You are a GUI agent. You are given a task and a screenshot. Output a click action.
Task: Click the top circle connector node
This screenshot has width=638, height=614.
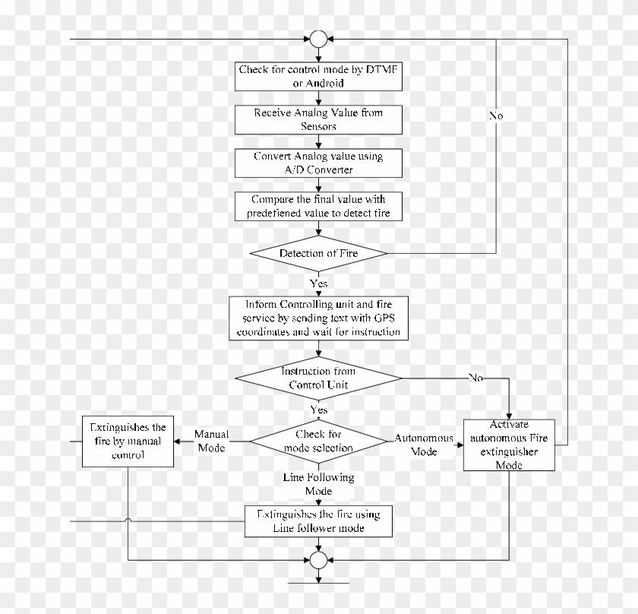pyautogui.click(x=318, y=39)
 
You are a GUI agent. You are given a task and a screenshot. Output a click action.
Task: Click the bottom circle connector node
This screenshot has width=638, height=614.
pyautogui.click(x=318, y=560)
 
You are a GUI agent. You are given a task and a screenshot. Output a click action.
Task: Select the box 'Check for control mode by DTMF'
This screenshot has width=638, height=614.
pyautogui.click(x=318, y=76)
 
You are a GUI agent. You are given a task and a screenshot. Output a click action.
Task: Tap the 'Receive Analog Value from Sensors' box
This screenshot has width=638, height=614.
pyautogui.click(x=318, y=119)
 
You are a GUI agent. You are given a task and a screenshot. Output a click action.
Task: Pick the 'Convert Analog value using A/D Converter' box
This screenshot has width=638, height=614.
pyautogui.click(x=318, y=163)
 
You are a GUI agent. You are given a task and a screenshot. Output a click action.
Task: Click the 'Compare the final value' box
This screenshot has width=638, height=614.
pyautogui.click(x=318, y=207)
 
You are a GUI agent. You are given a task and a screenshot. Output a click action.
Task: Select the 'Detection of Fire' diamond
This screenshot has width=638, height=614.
pyautogui.click(x=318, y=253)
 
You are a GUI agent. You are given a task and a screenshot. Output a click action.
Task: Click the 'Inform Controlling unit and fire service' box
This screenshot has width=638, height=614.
pyautogui.click(x=318, y=318)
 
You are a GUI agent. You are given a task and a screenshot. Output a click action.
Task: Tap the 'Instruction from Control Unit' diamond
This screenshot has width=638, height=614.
pyautogui.click(x=318, y=378)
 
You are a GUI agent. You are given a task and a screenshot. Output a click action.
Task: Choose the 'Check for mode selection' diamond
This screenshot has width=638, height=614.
pyautogui.click(x=318, y=442)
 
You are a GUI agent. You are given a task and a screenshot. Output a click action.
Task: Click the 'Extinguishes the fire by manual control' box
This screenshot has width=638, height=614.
pyautogui.click(x=128, y=441)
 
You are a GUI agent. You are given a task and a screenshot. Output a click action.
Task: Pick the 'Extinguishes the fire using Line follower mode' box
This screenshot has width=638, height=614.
pyautogui.click(x=318, y=521)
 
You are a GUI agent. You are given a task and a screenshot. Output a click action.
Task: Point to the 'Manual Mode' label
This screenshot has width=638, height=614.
pyautogui.click(x=210, y=440)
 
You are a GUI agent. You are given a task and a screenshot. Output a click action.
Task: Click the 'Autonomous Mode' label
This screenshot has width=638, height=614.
pyautogui.click(x=424, y=445)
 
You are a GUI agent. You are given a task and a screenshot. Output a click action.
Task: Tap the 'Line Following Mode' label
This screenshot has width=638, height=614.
pyautogui.click(x=318, y=484)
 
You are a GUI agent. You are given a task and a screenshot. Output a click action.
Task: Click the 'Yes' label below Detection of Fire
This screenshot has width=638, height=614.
pyautogui.click(x=318, y=283)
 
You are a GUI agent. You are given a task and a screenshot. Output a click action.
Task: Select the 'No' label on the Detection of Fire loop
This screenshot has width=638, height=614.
pyautogui.click(x=495, y=116)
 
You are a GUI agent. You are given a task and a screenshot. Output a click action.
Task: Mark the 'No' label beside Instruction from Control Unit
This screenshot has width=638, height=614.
pyautogui.click(x=475, y=378)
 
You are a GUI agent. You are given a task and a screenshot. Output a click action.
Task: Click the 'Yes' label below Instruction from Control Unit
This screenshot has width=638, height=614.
pyautogui.click(x=318, y=410)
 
